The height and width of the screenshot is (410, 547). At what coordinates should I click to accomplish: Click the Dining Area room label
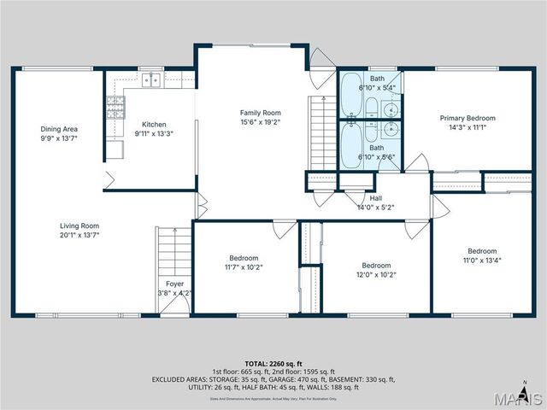point(59,129)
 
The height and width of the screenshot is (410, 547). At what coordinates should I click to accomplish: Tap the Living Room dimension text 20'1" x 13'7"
point(79,234)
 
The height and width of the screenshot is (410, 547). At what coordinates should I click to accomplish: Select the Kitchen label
point(154,125)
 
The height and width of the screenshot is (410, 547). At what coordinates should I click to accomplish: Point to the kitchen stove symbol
point(115,107)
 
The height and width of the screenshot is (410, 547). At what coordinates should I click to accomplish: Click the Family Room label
point(260,113)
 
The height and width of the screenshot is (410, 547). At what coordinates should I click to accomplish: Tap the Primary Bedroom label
point(468,118)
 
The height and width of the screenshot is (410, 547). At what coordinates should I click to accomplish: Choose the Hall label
point(375,198)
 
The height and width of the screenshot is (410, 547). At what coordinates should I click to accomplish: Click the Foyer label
point(174,284)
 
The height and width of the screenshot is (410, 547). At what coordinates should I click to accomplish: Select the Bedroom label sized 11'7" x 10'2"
point(243,258)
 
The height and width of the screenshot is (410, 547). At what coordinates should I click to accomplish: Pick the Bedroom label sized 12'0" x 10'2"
point(376,265)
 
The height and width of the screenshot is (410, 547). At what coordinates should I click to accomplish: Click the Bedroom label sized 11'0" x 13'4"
point(481,251)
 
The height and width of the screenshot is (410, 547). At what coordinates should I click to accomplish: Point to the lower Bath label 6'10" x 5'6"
point(376,124)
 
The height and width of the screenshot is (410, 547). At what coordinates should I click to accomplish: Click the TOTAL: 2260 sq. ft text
point(273,363)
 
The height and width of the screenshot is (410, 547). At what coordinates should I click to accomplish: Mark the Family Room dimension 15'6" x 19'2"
point(260,122)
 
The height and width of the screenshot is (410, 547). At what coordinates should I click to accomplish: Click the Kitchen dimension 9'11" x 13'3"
point(154,133)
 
